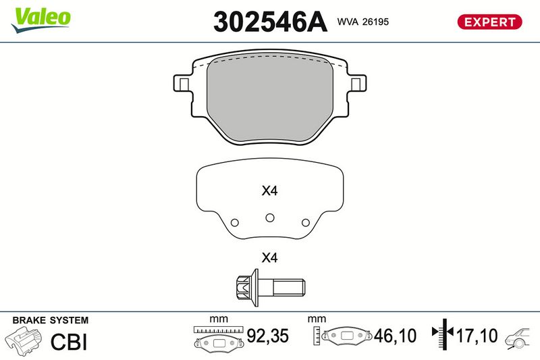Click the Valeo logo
coord(40,20)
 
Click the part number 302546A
coord(270,22)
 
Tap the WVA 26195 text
coord(363,22)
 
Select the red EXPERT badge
coord(489,22)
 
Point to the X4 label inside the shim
coord(269,190)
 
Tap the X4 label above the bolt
coord(269,257)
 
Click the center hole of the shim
coord(270,217)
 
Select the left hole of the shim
coord(235,222)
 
